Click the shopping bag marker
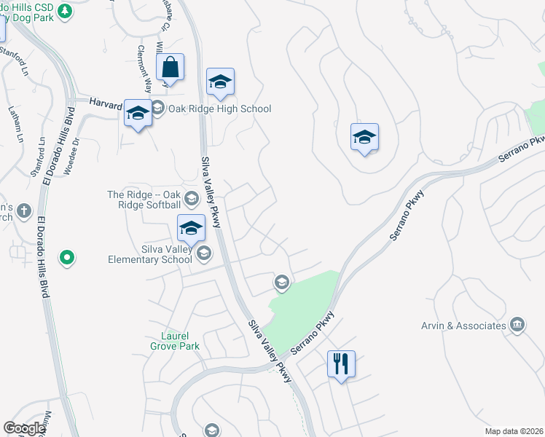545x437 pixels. [x=170, y=68]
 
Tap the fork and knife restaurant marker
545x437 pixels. [x=341, y=363]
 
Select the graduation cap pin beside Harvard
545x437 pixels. [x=137, y=113]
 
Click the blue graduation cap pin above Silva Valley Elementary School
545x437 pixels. [x=191, y=228]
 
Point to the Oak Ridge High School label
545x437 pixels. [x=219, y=109]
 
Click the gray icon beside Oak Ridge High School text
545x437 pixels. [x=157, y=109]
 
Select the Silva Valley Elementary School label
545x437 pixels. [x=150, y=253]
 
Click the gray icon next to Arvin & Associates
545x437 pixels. [x=517, y=324]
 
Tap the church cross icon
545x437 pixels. [x=24, y=211]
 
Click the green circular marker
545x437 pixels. [x=67, y=257]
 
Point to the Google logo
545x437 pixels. [x=24, y=428]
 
